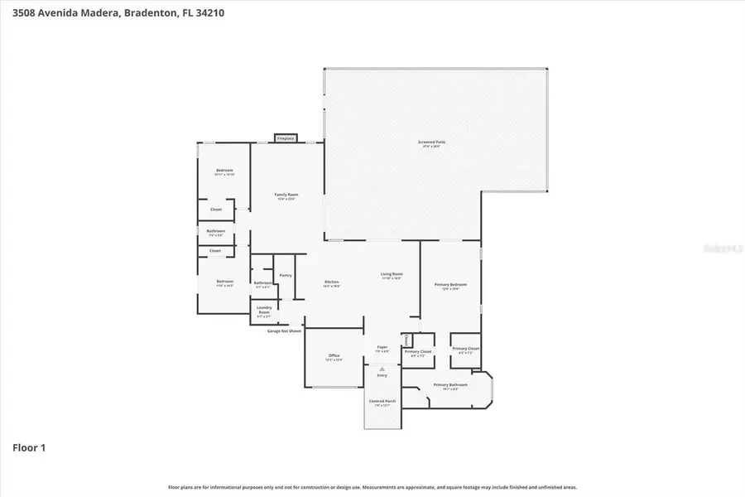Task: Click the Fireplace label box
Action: point(286,138)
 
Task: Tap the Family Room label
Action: point(286,195)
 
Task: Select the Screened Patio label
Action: point(431,143)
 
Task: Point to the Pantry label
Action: point(285,275)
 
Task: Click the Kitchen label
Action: point(331,282)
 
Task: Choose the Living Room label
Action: point(392,275)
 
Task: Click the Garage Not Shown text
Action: point(284,330)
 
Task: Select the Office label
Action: point(334,356)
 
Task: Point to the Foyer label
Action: point(382,348)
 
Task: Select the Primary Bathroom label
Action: point(451,385)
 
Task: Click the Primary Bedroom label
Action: point(451,286)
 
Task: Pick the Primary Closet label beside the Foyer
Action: point(417,352)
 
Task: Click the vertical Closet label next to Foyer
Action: point(406,340)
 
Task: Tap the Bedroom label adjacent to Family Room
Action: point(224,171)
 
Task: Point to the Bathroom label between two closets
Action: point(216,232)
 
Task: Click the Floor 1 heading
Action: point(29,448)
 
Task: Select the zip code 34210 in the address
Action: point(208,12)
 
